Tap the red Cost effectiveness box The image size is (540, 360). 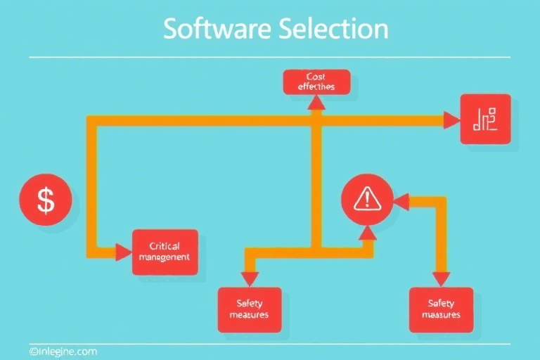point(316,82)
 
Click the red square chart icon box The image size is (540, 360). point(485,120)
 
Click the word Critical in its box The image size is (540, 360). point(165,246)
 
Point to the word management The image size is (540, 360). point(165,257)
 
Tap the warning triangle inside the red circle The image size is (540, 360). point(365,200)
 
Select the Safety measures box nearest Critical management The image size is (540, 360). point(249,310)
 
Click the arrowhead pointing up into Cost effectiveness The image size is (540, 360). point(316,103)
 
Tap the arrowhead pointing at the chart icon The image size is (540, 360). point(452,120)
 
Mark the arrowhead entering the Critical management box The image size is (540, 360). point(123,252)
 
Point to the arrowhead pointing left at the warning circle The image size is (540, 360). point(401,202)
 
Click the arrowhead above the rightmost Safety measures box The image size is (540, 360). point(442,279)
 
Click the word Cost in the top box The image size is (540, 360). point(316,76)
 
